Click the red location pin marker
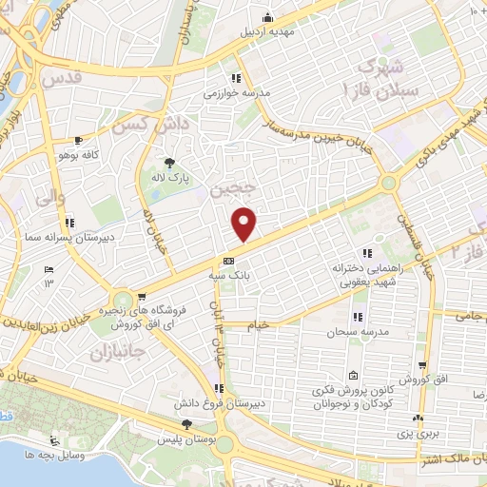(244, 224)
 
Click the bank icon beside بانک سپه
(228, 260)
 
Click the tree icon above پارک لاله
(170, 163)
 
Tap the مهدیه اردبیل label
(267, 31)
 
